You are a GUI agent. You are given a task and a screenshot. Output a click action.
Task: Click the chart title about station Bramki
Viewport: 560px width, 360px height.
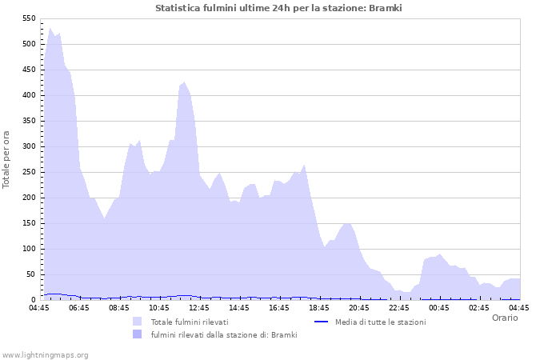pyautogui.click(x=278, y=8)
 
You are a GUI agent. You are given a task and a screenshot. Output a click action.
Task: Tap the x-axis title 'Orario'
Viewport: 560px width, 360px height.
pyautogui.click(x=504, y=318)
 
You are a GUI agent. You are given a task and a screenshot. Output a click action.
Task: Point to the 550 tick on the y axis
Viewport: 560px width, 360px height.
pyautogui.click(x=27, y=18)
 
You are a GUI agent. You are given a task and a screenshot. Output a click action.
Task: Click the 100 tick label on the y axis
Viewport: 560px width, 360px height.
pyautogui.click(x=27, y=249)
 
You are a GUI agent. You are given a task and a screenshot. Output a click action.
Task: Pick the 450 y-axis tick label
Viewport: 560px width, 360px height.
pyautogui.click(x=27, y=70)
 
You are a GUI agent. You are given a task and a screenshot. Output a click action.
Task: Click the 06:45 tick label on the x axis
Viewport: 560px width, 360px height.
pyautogui.click(x=79, y=307)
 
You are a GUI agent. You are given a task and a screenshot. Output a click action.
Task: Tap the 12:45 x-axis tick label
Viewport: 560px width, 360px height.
pyautogui.click(x=199, y=307)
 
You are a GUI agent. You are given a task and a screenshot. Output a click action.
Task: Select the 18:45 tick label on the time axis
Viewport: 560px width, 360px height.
pyautogui.click(x=319, y=307)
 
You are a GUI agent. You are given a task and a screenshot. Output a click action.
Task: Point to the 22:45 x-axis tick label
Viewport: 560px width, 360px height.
pyautogui.click(x=399, y=307)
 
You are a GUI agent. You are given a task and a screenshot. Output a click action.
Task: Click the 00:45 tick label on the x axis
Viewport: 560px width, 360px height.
pyautogui.click(x=439, y=307)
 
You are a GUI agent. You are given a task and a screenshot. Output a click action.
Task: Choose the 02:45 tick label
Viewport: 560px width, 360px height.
pyautogui.click(x=479, y=307)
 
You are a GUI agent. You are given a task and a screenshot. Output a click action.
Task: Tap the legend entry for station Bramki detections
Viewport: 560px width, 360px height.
pyautogui.click(x=224, y=334)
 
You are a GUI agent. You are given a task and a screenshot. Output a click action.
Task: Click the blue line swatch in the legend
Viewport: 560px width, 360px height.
pyautogui.click(x=322, y=322)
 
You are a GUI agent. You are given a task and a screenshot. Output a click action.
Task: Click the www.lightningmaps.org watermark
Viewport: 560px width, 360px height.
pyautogui.click(x=45, y=354)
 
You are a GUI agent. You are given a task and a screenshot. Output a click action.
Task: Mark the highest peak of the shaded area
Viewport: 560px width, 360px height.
pyautogui.click(x=50, y=28)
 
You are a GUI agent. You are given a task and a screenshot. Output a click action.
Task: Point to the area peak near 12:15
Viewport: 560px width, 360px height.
pyautogui.click(x=185, y=82)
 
